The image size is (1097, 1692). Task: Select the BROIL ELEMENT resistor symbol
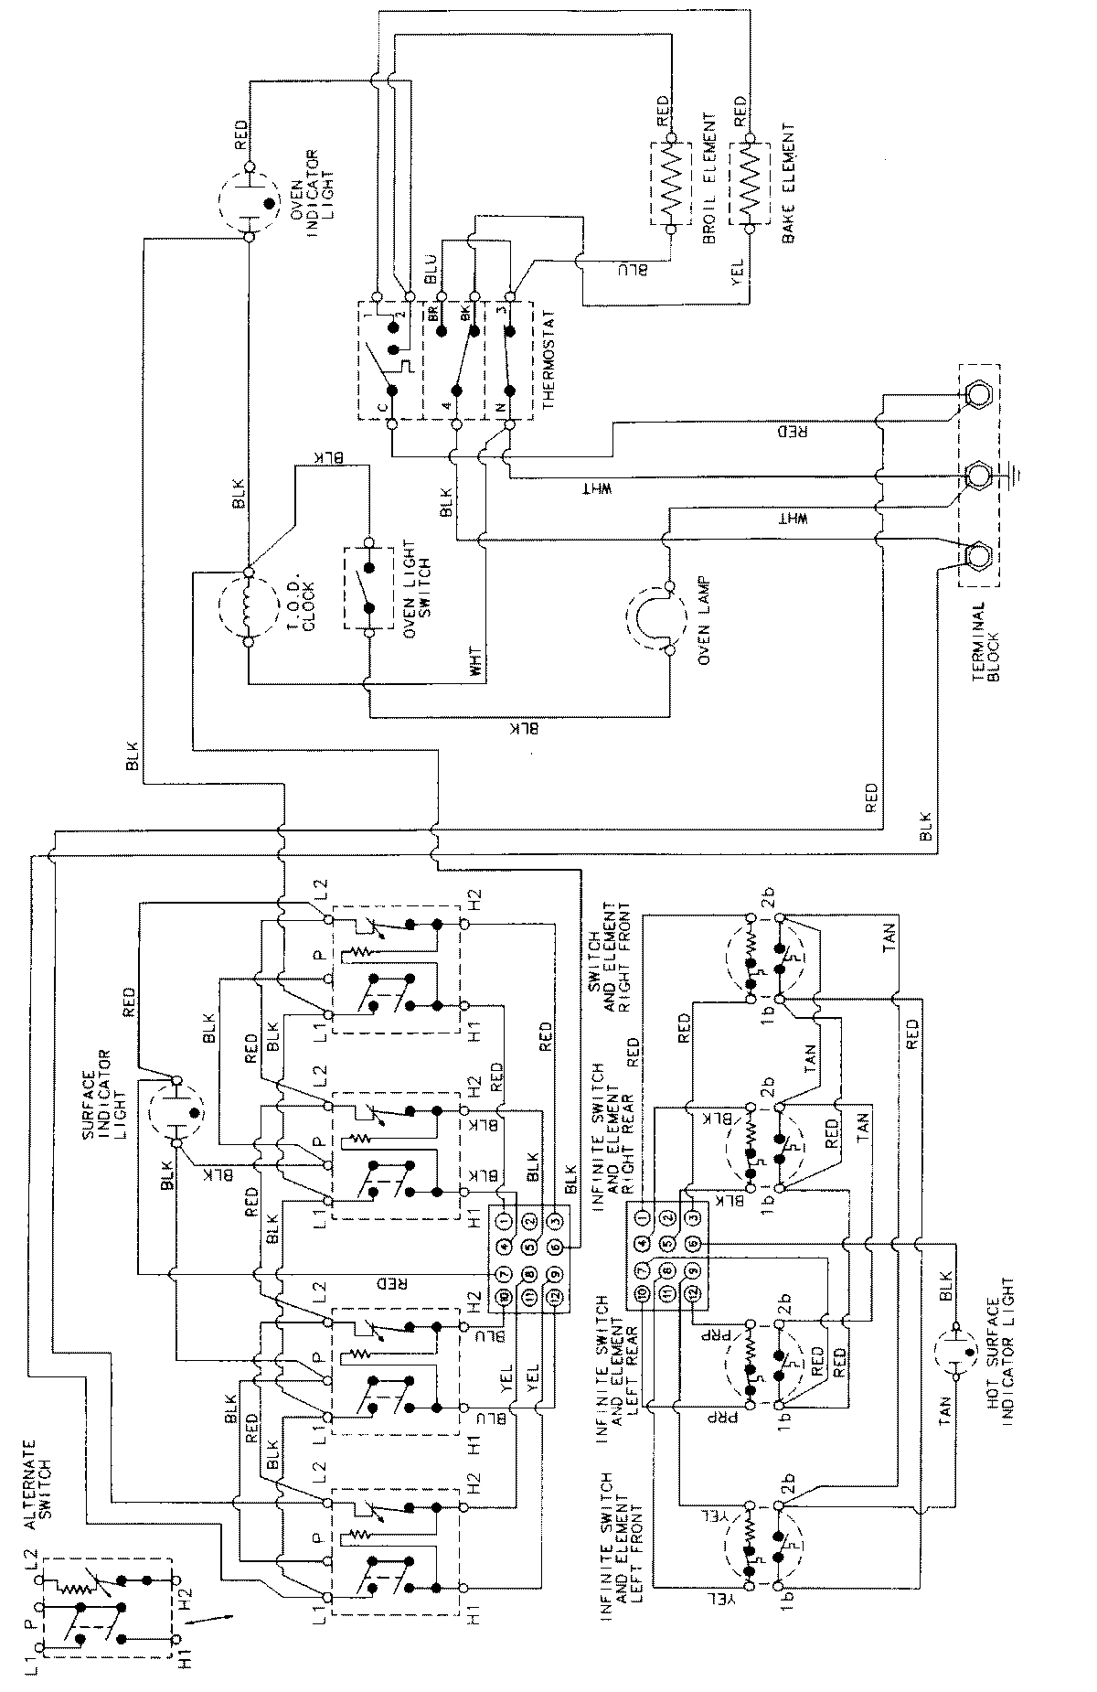tap(670, 183)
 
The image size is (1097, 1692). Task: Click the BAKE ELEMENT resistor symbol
tap(749, 183)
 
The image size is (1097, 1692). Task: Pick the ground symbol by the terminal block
tap(1016, 476)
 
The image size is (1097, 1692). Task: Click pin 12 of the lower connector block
tap(694, 1295)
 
